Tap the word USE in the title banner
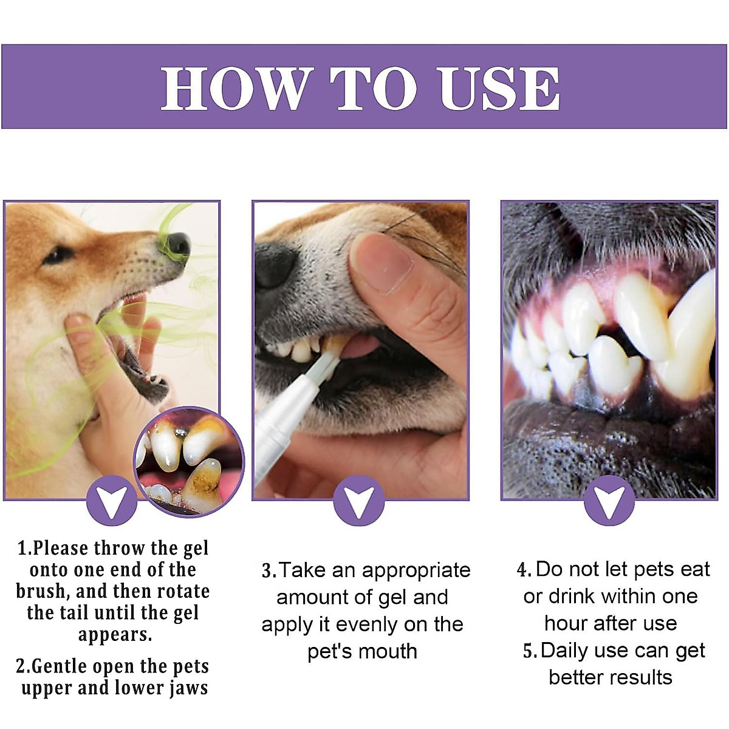499,89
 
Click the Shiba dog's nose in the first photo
176,244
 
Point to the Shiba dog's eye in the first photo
58,255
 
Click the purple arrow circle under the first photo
112,500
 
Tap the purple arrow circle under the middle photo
359,500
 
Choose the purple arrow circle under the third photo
609,500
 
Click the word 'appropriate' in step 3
416,570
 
